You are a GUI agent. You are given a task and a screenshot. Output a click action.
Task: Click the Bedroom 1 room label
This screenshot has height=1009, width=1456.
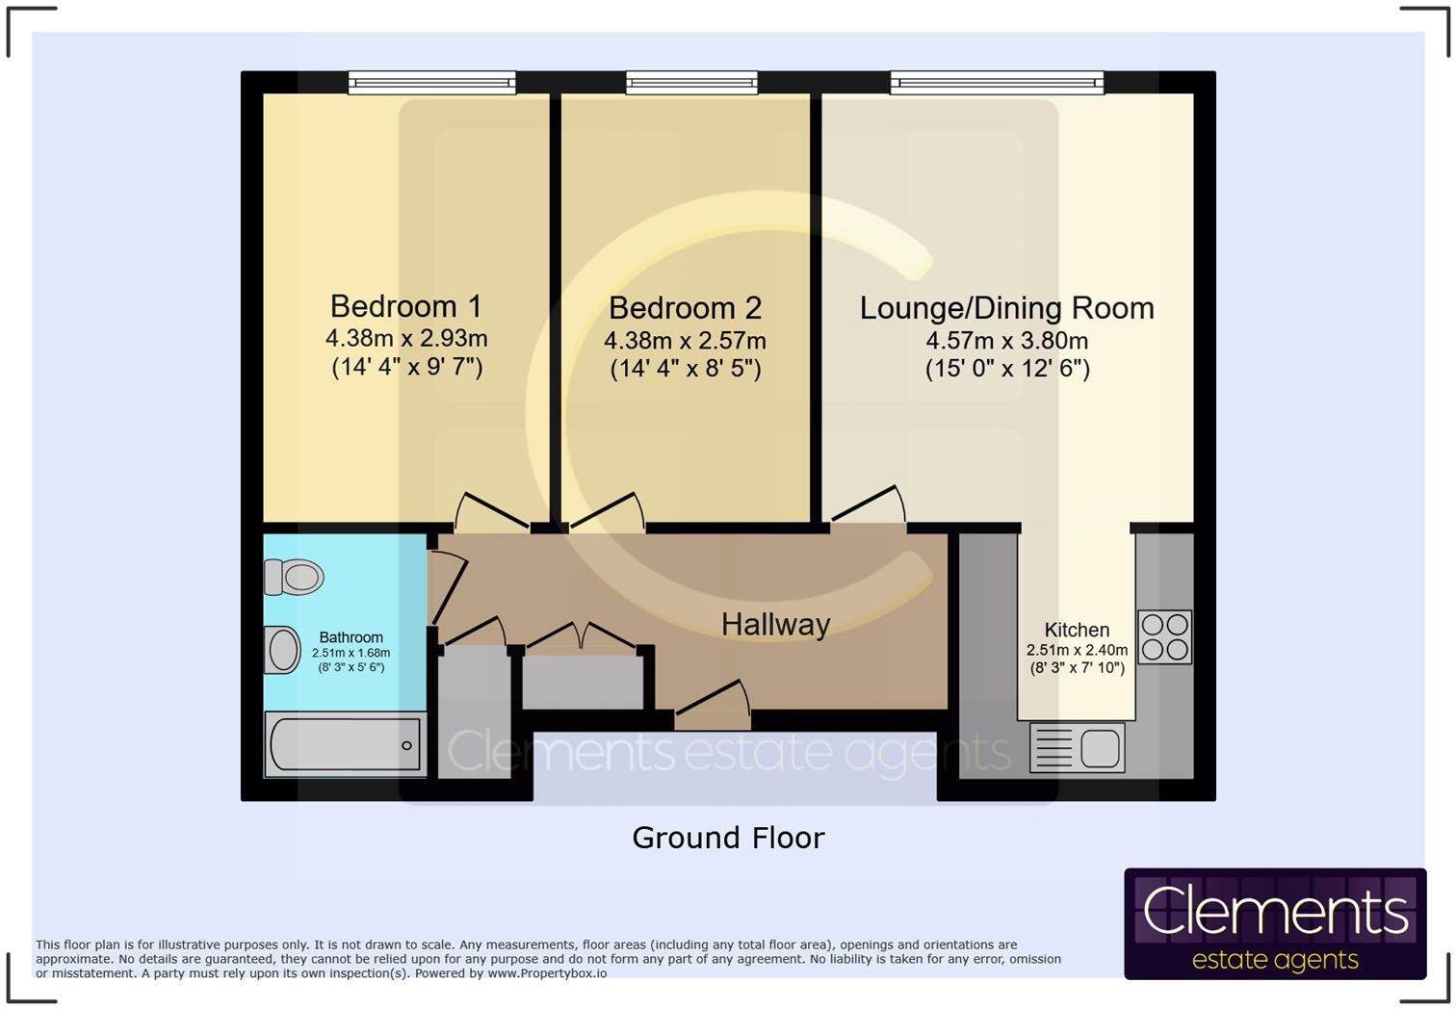pyautogui.click(x=405, y=306)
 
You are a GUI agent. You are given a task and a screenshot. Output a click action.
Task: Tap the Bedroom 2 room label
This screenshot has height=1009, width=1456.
pyautogui.click(x=685, y=308)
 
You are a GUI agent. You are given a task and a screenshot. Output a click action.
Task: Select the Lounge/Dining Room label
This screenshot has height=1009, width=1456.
pyautogui.click(x=1006, y=308)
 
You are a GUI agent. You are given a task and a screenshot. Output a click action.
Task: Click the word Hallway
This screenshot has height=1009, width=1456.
pyautogui.click(x=775, y=625)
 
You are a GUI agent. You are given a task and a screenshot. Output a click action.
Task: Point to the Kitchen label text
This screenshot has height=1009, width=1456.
pyautogui.click(x=1077, y=631)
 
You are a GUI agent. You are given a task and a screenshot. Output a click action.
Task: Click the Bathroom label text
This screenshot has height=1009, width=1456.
pyautogui.click(x=351, y=637)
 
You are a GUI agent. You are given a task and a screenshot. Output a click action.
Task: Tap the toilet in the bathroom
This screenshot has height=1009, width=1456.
pyautogui.click(x=294, y=577)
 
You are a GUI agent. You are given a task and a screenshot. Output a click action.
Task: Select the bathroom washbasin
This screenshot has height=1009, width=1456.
pyautogui.click(x=283, y=650)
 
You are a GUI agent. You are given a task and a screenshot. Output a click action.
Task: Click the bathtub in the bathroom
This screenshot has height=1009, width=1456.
pyautogui.click(x=344, y=744)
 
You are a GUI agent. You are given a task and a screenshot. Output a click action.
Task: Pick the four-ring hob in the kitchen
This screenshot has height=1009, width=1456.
pyautogui.click(x=1164, y=636)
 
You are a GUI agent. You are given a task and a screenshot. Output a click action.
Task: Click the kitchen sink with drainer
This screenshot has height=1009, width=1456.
pyautogui.click(x=1077, y=747)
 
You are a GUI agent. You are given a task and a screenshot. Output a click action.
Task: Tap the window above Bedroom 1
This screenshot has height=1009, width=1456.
pyautogui.click(x=431, y=84)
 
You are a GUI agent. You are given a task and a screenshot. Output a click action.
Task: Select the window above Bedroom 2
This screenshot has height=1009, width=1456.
pyautogui.click(x=691, y=84)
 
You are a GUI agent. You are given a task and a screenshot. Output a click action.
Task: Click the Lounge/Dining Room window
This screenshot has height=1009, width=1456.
pyautogui.click(x=997, y=84)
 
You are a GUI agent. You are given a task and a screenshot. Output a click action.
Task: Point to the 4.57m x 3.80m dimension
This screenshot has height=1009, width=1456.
pyautogui.click(x=1006, y=341)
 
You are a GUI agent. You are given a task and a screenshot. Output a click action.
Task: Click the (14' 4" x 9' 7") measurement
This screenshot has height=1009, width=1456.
pyautogui.click(x=406, y=367)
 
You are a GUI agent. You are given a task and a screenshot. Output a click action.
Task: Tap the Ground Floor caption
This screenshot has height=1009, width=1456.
pyautogui.click(x=728, y=838)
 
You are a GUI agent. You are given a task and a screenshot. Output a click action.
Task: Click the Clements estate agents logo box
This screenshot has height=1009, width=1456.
pyautogui.click(x=1275, y=923)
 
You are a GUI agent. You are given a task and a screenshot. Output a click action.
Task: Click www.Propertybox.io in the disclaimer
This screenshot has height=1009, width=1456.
pyautogui.click(x=547, y=973)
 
